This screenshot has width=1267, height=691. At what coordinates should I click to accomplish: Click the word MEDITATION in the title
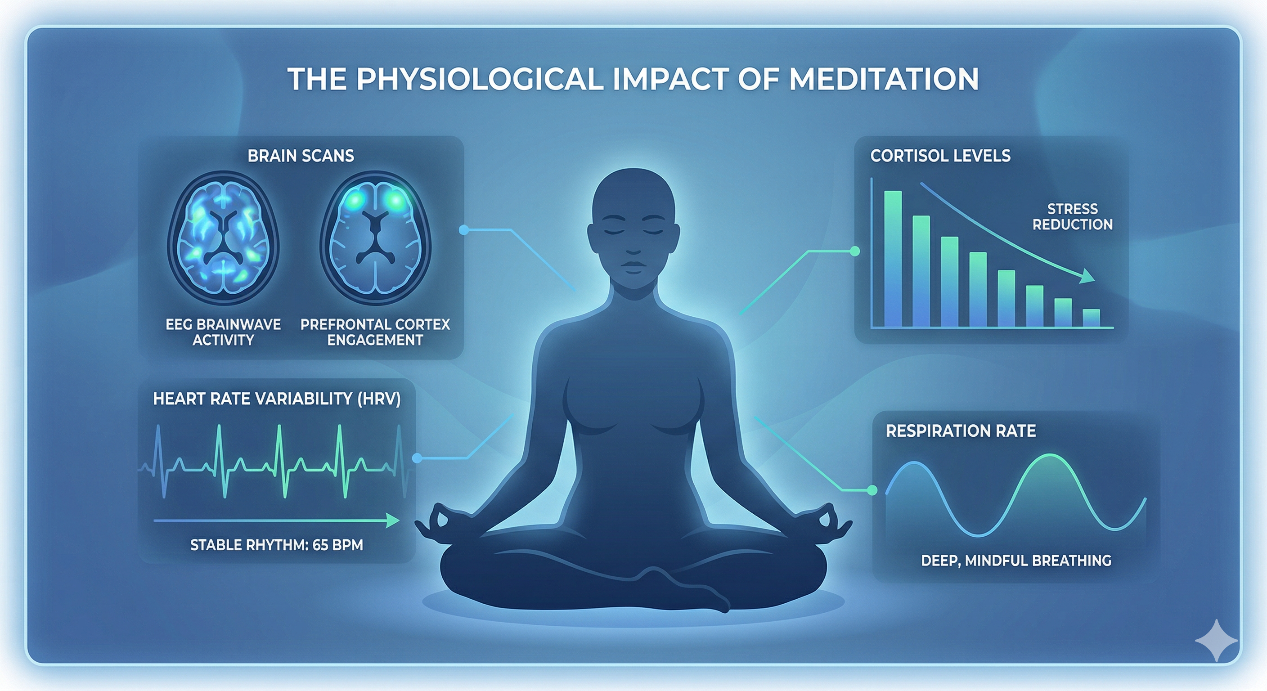click(x=884, y=79)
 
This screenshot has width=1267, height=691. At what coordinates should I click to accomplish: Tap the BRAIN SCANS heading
click(x=301, y=156)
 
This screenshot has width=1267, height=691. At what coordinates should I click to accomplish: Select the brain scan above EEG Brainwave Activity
click(x=223, y=238)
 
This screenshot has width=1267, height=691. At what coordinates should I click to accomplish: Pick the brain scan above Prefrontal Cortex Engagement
click(x=375, y=238)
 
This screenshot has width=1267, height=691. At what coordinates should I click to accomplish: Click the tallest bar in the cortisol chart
click(x=893, y=259)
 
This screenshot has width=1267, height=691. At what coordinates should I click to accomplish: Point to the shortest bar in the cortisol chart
click(x=1092, y=318)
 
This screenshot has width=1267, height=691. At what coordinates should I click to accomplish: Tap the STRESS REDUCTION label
click(x=1072, y=216)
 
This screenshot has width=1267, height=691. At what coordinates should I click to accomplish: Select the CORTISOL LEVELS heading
click(x=940, y=156)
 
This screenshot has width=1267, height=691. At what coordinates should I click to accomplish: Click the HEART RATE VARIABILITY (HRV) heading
click(x=277, y=399)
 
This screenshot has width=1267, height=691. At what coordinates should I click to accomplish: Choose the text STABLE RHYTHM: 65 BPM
click(x=276, y=545)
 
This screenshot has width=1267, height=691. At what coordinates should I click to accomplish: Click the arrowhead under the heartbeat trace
click(x=392, y=520)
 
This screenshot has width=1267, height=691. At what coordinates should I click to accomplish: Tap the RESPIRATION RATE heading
click(x=961, y=431)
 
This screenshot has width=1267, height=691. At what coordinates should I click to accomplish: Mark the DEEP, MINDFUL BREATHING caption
click(x=1016, y=561)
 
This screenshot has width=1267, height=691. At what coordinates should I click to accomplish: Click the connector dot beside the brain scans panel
click(x=463, y=230)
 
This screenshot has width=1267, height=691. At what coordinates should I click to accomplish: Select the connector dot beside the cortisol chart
click(x=855, y=251)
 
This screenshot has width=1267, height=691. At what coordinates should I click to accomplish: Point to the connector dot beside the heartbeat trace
click(x=417, y=458)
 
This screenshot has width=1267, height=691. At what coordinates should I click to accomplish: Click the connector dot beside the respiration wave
click(x=872, y=490)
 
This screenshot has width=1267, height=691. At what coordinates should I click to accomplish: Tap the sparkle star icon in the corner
click(x=1216, y=640)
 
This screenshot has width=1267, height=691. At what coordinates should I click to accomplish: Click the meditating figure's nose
click(x=634, y=246)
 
